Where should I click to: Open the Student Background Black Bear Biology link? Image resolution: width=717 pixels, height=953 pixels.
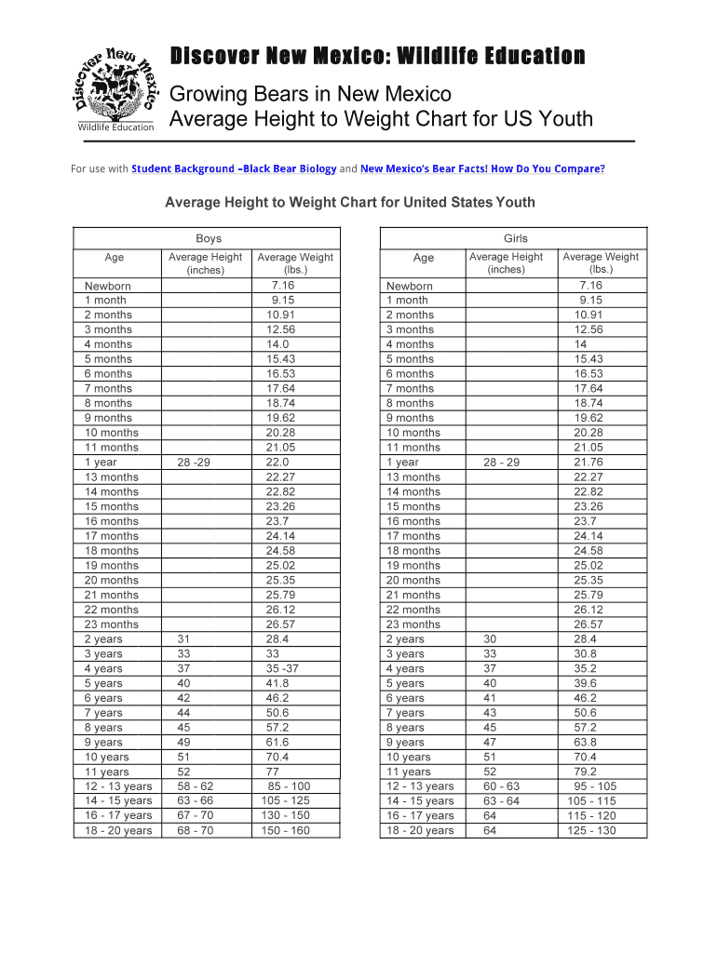(234, 168)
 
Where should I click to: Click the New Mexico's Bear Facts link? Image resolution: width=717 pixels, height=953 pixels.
(482, 168)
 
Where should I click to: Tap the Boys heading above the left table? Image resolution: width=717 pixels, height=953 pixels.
(209, 239)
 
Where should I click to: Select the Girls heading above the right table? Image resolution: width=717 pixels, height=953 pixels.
(515, 239)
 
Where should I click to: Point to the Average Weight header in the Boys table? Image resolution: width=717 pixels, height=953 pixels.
(295, 262)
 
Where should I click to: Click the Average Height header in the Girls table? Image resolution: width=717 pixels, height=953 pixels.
(506, 262)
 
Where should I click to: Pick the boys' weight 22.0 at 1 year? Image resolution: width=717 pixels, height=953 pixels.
(277, 463)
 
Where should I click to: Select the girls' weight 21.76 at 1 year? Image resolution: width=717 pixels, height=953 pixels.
(588, 463)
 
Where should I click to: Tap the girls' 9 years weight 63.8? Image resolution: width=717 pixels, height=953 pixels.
(586, 743)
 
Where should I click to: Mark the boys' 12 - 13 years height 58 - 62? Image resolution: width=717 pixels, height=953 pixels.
(195, 786)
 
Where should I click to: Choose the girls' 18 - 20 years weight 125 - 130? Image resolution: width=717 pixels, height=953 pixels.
(590, 831)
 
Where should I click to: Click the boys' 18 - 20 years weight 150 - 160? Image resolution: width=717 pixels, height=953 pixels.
(286, 831)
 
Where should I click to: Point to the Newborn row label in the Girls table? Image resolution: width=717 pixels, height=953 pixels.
(410, 286)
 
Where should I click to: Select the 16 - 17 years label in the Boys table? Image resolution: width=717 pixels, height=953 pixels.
(118, 816)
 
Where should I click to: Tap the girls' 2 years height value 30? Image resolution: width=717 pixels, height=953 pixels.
(490, 639)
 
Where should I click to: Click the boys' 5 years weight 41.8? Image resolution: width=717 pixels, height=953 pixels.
(277, 683)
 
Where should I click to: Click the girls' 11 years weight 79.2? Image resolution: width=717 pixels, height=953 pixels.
(586, 772)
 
